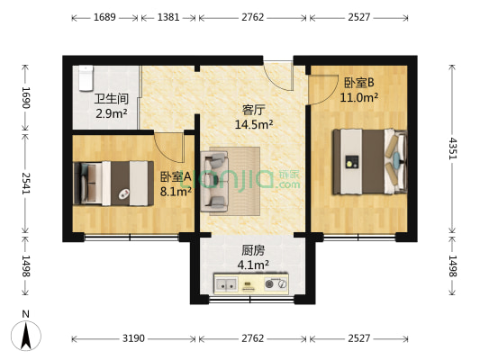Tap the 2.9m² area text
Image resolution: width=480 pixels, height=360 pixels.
(113, 113)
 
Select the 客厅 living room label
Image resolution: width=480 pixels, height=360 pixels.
(253, 111)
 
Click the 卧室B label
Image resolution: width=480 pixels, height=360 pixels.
(359, 83)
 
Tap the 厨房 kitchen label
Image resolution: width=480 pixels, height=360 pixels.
(252, 251)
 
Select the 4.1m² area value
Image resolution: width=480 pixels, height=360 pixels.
(252, 265)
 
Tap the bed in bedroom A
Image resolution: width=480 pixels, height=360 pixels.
(113, 181)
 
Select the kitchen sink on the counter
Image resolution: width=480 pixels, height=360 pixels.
(226, 285)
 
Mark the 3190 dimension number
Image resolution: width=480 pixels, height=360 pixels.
(133, 337)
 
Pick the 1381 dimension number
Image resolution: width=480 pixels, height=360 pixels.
(168, 17)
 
